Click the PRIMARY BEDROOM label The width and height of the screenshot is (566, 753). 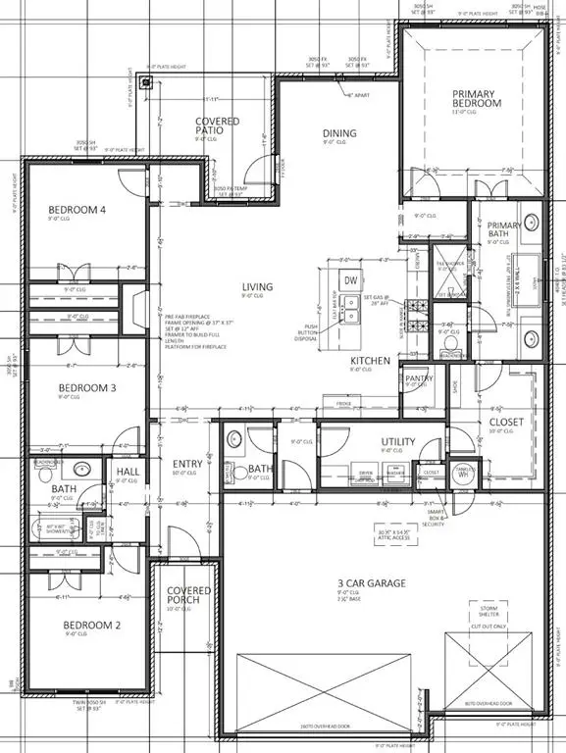[476, 97]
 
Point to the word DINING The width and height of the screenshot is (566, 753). [339, 133]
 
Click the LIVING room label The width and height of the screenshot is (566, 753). [258, 287]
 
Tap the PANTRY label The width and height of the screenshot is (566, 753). [419, 377]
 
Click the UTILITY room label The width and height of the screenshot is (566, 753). [398, 441]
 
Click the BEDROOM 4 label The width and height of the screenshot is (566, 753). [77, 210]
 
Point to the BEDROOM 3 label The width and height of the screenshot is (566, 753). [88, 387]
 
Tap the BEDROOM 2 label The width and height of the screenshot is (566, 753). [91, 625]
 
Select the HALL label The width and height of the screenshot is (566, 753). [129, 472]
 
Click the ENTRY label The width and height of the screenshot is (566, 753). [187, 464]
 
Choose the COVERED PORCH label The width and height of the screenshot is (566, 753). [182, 595]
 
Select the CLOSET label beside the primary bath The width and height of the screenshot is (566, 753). [506, 423]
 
